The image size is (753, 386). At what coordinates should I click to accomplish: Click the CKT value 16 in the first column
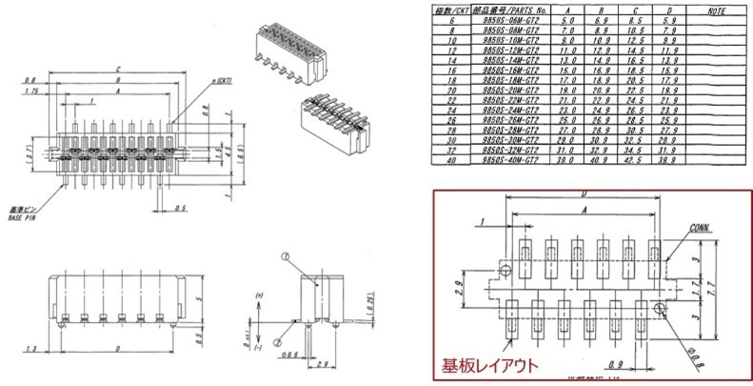click(440, 71)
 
